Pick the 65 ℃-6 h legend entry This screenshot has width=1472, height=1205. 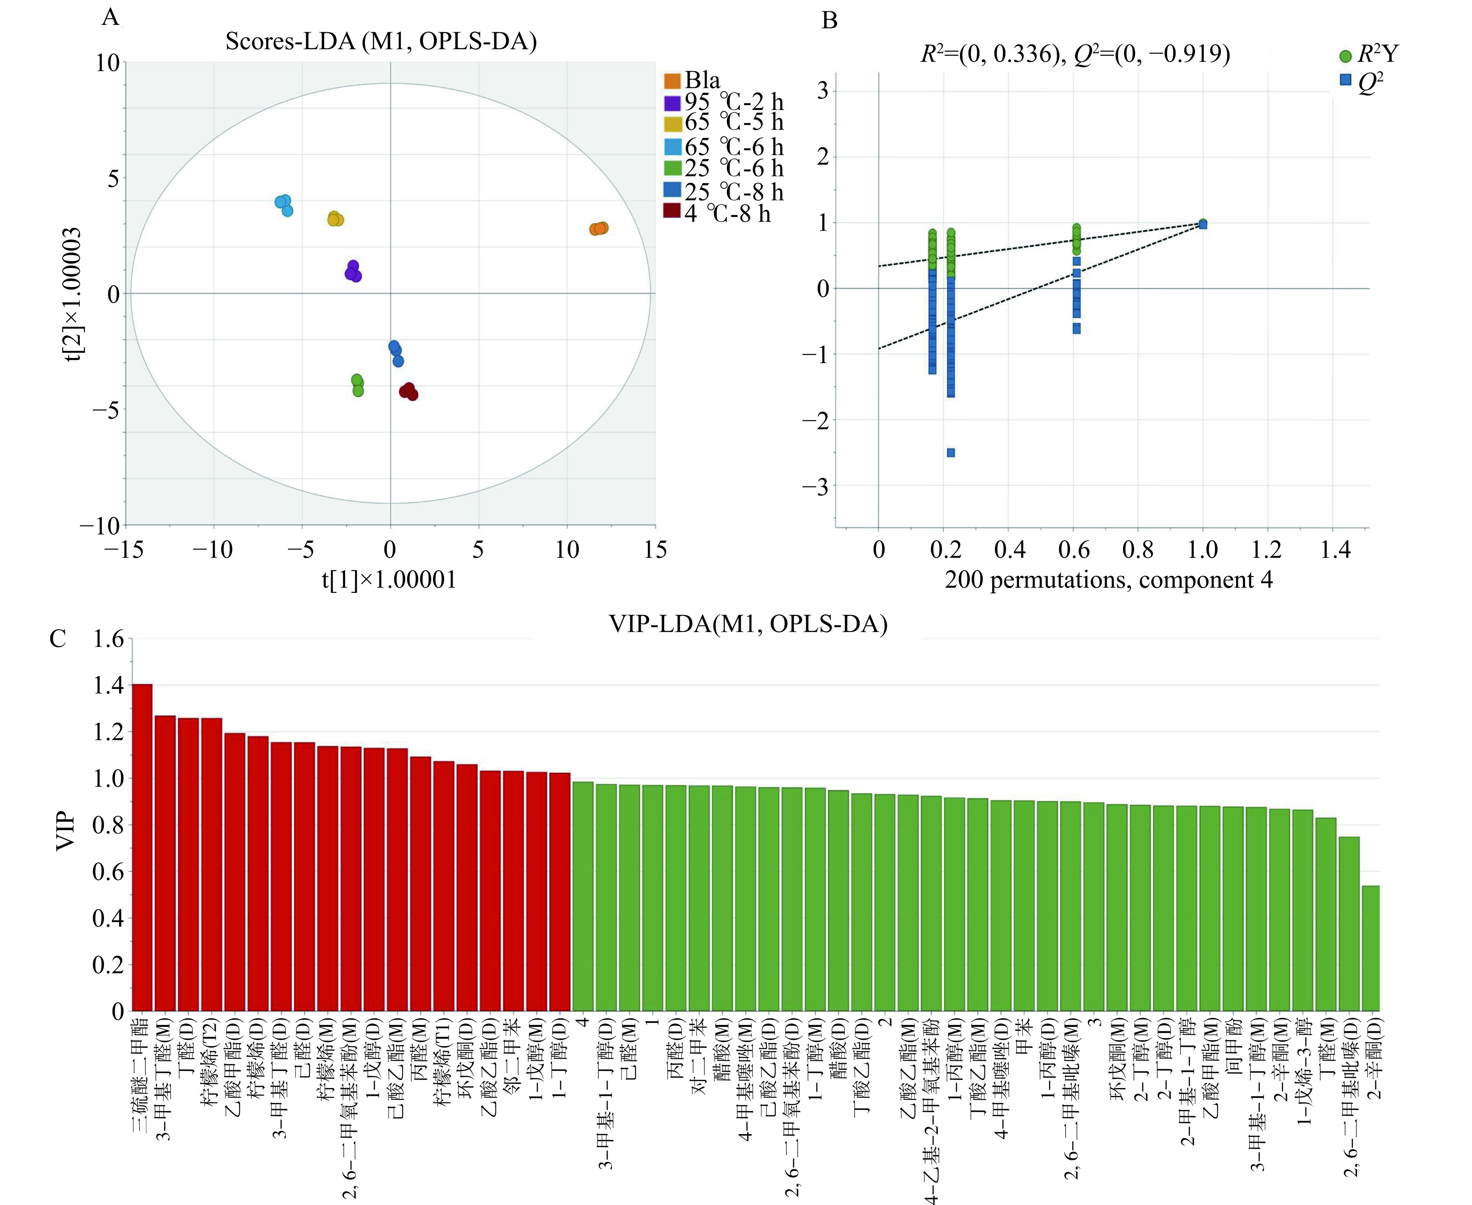[x=725, y=147]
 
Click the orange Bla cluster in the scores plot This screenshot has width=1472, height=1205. [x=598, y=228]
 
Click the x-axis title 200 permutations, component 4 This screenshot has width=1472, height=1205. [x=1108, y=580]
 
